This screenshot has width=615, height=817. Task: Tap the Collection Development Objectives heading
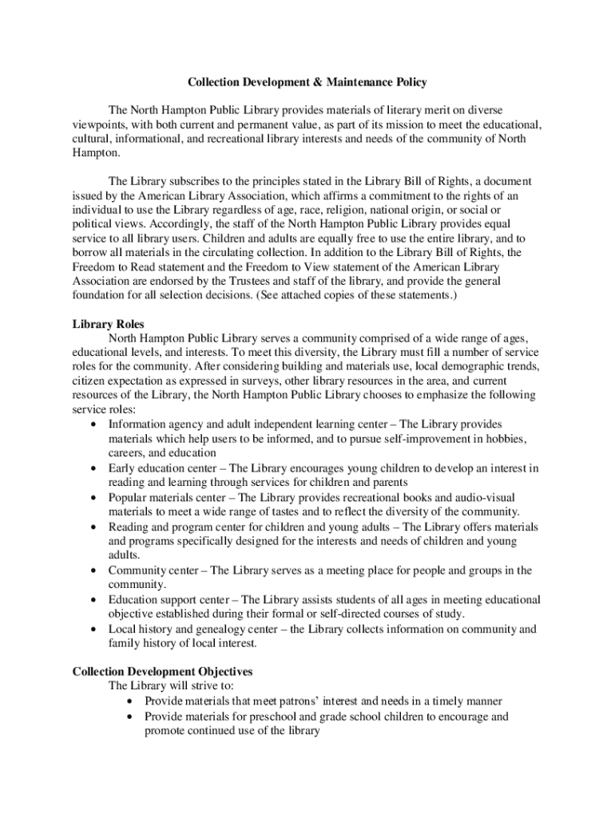click(162, 671)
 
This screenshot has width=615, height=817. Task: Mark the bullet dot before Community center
click(96, 571)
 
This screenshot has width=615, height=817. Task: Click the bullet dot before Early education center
click(96, 468)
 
